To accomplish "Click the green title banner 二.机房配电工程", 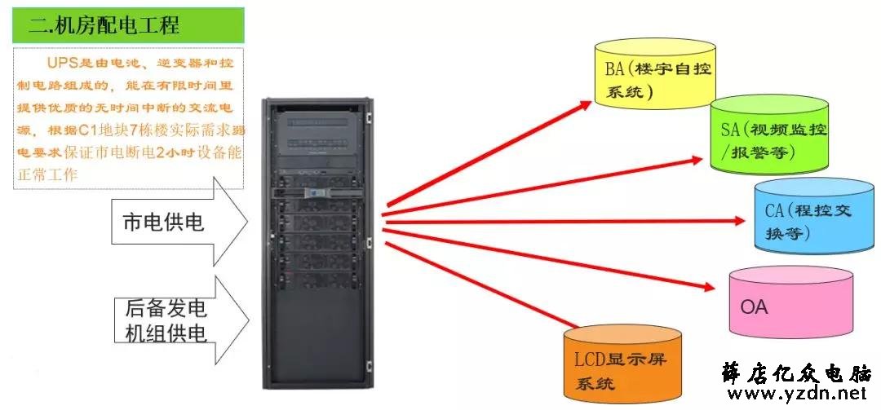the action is [128, 25].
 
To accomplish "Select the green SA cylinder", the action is [769, 134].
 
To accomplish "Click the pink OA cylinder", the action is [791, 302].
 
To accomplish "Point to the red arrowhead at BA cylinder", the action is [585, 104].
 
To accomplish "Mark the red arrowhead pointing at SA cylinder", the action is [696, 160].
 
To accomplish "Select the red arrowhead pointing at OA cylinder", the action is [709, 287].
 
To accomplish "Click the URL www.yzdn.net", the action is [797, 393].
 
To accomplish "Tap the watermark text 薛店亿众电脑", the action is [797, 373].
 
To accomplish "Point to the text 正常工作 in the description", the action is [46, 174].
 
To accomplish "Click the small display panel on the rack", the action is [316, 192].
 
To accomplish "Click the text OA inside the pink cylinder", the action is [754, 307].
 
